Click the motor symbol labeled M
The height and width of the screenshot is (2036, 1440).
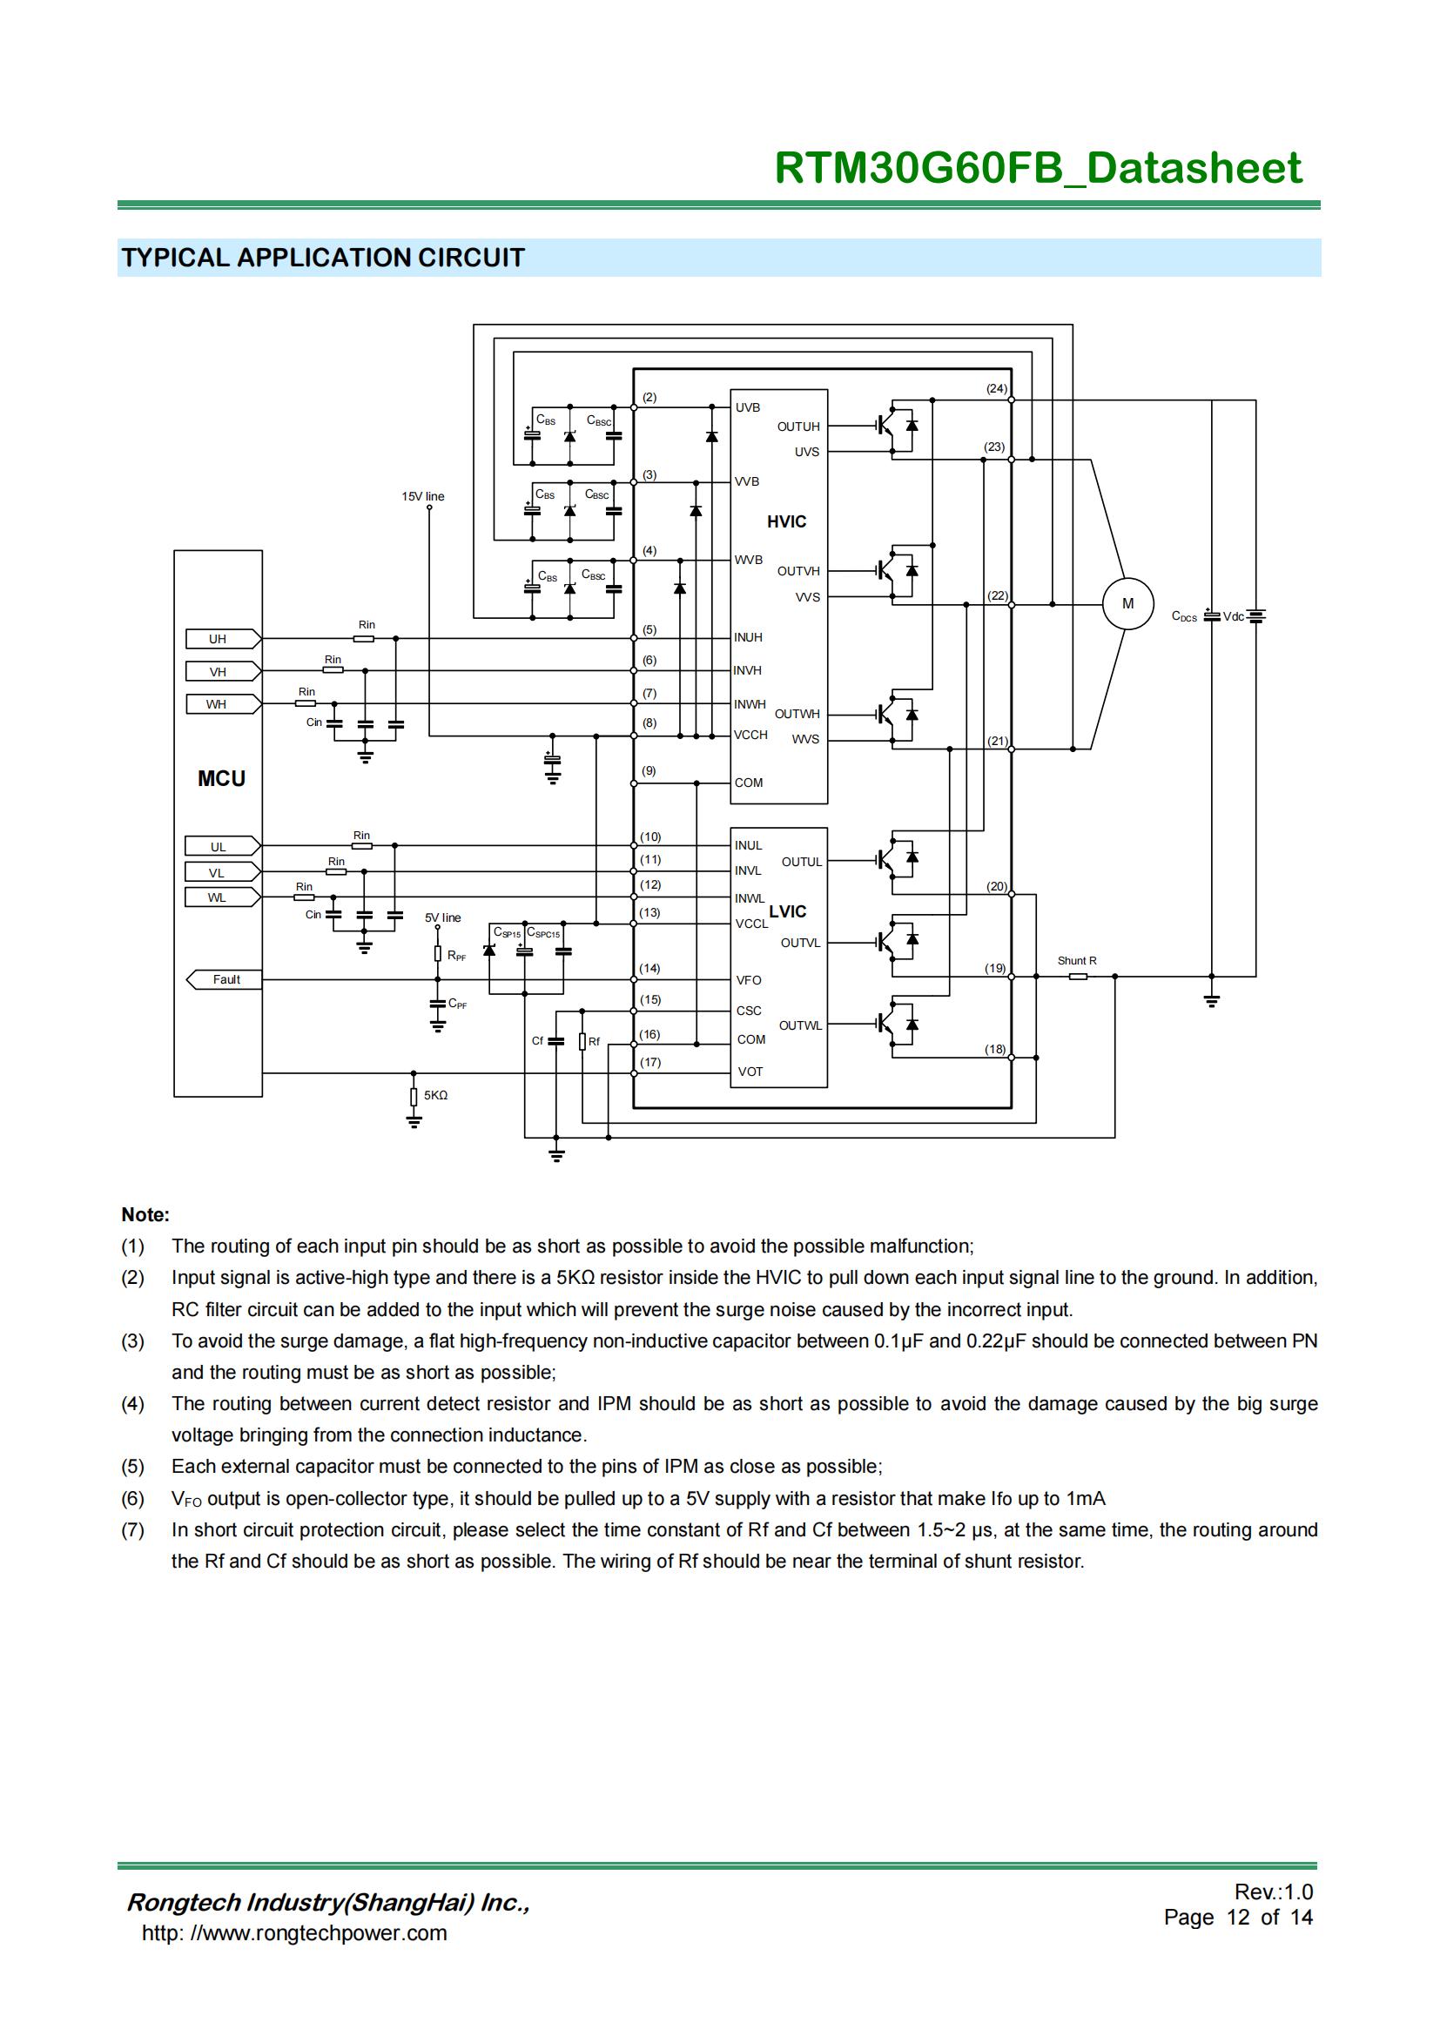(x=1127, y=604)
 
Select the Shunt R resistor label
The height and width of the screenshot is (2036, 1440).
(x=1076, y=960)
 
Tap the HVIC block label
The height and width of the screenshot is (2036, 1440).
(x=786, y=521)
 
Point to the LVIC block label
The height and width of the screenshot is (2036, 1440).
(x=787, y=911)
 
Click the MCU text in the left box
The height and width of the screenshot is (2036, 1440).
(x=221, y=778)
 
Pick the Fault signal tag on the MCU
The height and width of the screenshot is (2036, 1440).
(x=225, y=980)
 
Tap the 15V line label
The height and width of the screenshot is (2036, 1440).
(x=423, y=496)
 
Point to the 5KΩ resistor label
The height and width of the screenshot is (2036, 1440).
(x=435, y=1095)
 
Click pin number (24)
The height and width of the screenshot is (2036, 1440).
(x=997, y=388)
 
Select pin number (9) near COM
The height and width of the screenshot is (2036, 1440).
(x=649, y=770)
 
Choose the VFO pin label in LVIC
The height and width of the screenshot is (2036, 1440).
(x=749, y=980)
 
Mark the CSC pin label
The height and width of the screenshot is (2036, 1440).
(x=749, y=1010)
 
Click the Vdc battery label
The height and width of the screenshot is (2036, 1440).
(x=1234, y=616)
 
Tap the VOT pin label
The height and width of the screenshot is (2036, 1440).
(x=750, y=1072)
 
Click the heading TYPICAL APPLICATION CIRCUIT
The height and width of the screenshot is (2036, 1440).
(x=323, y=258)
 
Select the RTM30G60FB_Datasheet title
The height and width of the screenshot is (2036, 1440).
(x=1038, y=168)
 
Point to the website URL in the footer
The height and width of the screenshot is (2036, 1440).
(x=294, y=1932)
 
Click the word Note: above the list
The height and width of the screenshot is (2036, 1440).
(x=145, y=1215)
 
